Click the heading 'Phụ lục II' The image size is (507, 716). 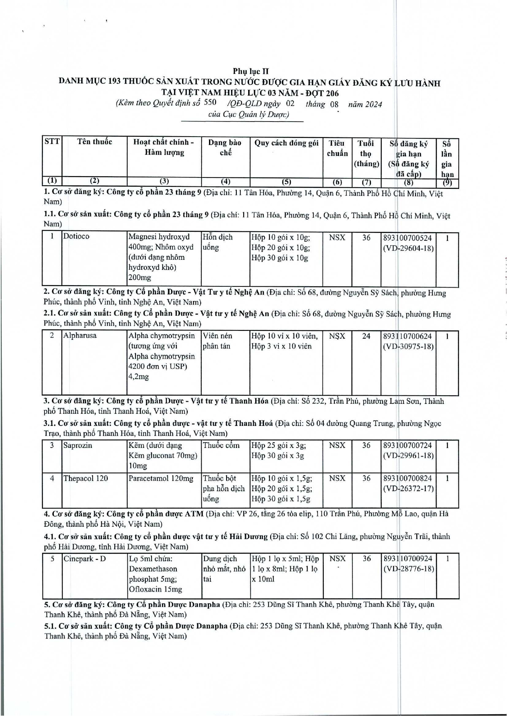[251, 71]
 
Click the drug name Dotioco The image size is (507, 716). [76, 236]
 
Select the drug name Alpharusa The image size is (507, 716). [80, 336]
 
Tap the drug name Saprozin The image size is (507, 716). [78, 446]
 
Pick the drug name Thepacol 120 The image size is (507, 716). [85, 478]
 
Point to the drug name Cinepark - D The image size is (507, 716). [84, 559]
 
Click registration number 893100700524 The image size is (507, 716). [407, 237]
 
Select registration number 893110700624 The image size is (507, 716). [407, 336]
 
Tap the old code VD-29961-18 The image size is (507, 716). [408, 456]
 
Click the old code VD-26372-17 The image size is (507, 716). [408, 488]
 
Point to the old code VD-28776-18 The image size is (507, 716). [408, 569]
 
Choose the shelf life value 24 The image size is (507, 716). [366, 336]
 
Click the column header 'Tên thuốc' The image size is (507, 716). [95, 142]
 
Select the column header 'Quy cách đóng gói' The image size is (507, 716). [287, 143]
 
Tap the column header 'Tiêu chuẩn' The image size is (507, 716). [337, 148]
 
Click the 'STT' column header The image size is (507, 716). [52, 142]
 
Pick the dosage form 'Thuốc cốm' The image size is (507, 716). [221, 446]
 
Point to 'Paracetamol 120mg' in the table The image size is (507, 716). [161, 478]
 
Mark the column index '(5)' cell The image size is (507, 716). [287, 182]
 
